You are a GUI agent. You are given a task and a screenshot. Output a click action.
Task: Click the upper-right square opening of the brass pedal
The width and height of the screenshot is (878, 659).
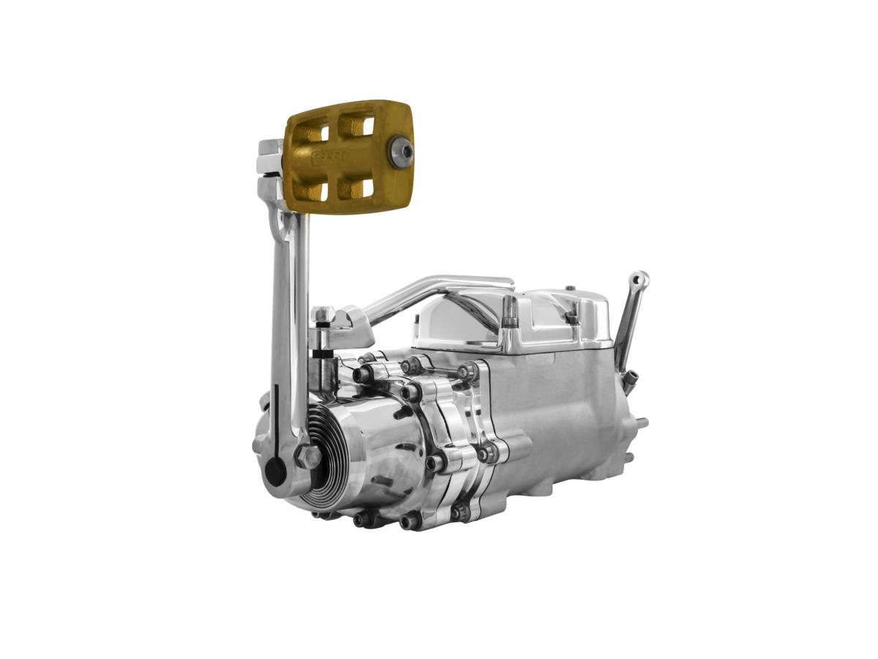[357, 127]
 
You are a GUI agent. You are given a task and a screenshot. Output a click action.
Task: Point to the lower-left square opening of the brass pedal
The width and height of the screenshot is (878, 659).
[311, 191]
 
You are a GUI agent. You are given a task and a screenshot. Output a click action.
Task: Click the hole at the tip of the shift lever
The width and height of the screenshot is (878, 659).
[641, 279]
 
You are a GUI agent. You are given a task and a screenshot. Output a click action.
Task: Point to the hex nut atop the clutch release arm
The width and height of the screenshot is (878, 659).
[322, 315]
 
